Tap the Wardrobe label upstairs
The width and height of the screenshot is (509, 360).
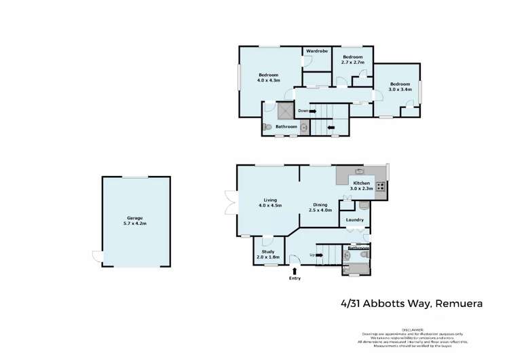317,52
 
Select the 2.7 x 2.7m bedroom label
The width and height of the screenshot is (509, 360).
353,59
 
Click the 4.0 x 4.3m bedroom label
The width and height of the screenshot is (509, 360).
269,77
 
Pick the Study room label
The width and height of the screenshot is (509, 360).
267,254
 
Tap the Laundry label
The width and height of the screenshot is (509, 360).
354,220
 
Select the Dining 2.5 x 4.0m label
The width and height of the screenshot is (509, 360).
320,207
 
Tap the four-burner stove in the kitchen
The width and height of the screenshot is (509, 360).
381,185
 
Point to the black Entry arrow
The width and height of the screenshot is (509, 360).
294,270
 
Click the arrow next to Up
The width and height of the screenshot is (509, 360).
319,255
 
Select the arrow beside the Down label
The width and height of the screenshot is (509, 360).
312,111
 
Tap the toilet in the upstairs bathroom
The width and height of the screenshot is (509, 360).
269,127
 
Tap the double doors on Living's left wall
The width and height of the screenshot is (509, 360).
231,202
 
